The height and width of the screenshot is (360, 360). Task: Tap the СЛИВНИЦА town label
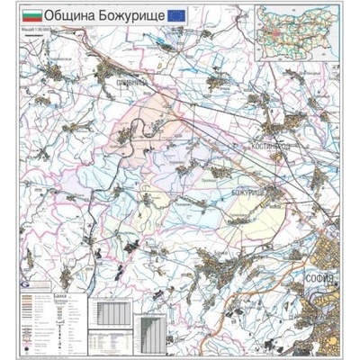click(x=130, y=83)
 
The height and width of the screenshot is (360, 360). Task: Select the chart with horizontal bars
click(x=155, y=336)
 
